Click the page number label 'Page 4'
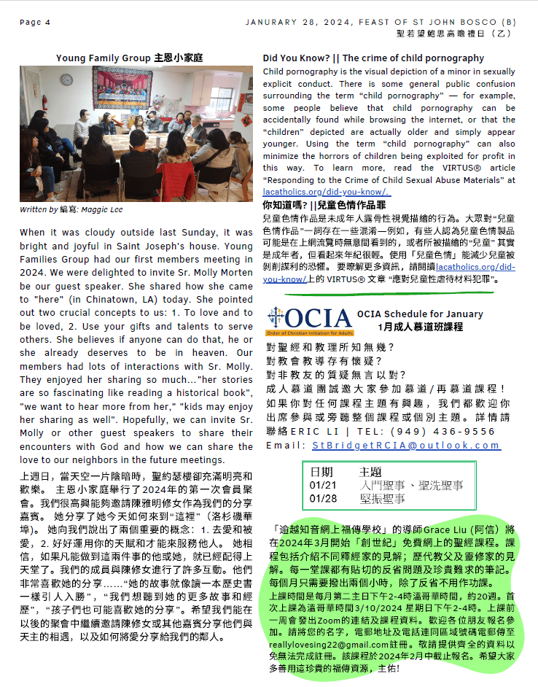[x=35, y=23]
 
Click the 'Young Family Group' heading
[x=104, y=58]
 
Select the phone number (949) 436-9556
[x=445, y=431]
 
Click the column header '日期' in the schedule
[x=321, y=473]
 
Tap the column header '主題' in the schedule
[x=370, y=473]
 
